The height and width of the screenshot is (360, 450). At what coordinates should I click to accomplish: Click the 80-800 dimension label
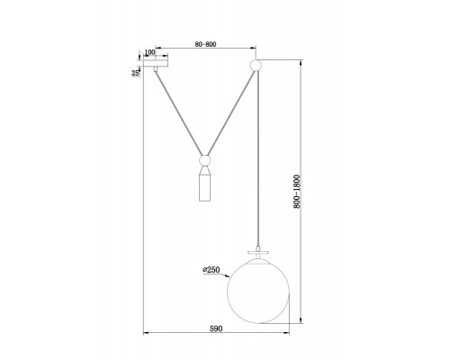[205, 44]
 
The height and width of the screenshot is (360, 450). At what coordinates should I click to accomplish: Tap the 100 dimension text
[149, 52]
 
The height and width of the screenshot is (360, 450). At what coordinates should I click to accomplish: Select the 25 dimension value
[136, 73]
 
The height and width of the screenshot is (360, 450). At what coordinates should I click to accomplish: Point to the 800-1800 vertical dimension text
[296, 192]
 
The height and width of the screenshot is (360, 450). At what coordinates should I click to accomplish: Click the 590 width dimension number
[216, 328]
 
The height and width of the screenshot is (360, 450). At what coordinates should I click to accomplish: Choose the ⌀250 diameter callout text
[211, 270]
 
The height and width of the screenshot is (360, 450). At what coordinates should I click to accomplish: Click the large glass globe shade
[258, 292]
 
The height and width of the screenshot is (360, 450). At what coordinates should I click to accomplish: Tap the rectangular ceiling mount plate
[156, 63]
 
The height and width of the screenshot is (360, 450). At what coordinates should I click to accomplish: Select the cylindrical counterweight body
[205, 188]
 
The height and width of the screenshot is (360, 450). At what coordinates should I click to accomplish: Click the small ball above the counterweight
[205, 160]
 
